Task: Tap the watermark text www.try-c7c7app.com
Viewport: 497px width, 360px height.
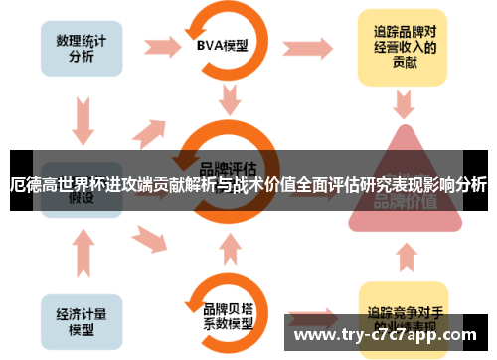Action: point(387,334)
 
